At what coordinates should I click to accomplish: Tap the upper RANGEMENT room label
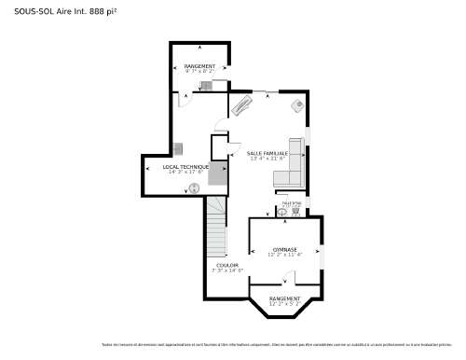[x=199, y=66]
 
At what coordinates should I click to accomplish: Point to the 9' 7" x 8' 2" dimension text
[x=199, y=72]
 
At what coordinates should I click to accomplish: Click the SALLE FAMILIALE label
[x=267, y=153]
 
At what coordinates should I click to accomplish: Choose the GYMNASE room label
[x=284, y=249]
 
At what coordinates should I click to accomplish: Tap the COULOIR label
[x=227, y=265]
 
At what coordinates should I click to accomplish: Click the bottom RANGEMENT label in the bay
[x=285, y=298]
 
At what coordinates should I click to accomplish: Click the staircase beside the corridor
[x=216, y=228]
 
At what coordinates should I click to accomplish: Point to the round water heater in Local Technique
[x=195, y=187]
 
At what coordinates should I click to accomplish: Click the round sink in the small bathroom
[x=281, y=212]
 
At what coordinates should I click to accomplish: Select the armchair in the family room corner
[x=297, y=106]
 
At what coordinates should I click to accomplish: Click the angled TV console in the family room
[x=241, y=104]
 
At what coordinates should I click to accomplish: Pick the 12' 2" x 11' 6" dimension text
[x=284, y=255]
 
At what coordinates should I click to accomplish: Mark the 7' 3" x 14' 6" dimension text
[x=227, y=270]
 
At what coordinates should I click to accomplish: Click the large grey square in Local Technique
[x=218, y=173]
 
